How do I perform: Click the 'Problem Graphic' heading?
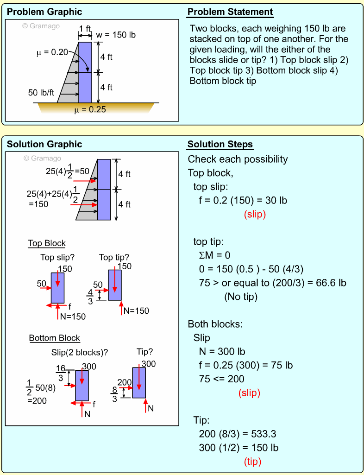click(44, 12)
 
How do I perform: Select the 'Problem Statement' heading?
click(230, 12)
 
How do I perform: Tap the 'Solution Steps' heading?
click(220, 145)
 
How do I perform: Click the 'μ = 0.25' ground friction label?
click(90, 110)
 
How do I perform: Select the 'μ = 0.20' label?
click(52, 52)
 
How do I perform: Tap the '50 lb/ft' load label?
click(41, 93)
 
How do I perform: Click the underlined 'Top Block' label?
click(47, 243)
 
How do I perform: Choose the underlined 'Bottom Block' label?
click(55, 338)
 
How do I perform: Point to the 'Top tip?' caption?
click(114, 257)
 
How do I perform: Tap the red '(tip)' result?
click(252, 462)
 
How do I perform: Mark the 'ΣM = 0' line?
click(214, 255)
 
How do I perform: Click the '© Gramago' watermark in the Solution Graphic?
click(42, 158)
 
